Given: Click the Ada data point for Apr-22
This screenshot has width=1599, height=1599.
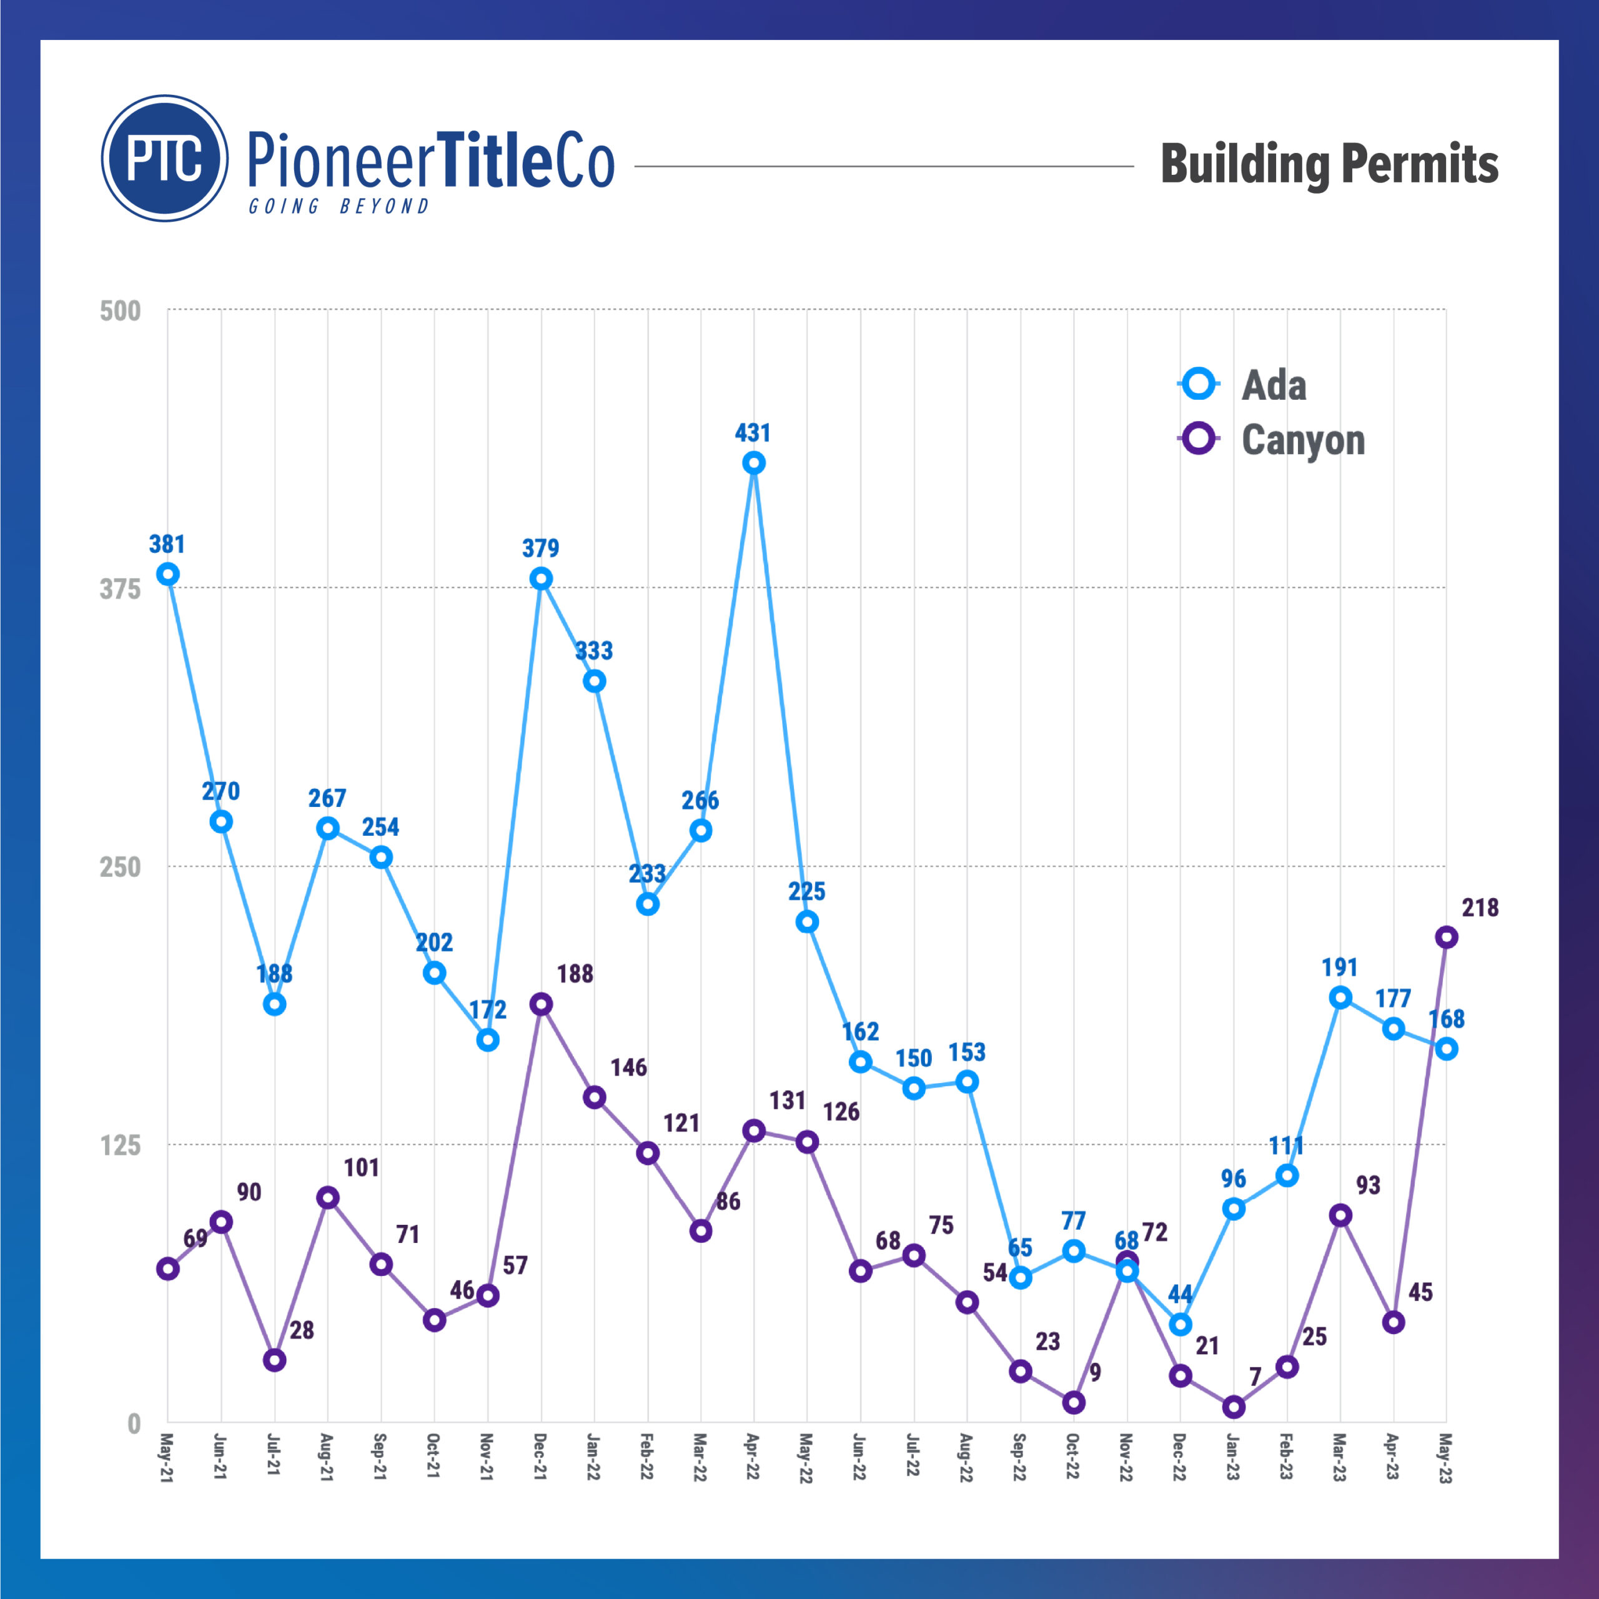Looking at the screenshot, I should coord(753,463).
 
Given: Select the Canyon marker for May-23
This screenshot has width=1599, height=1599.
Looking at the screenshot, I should coord(1446,937).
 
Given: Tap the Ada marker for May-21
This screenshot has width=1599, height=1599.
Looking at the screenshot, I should coord(168,575).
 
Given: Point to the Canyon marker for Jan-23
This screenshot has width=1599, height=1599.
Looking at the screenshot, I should coord(1233,1407).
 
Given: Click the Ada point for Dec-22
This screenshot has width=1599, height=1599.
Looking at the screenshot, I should coord(1181,1324).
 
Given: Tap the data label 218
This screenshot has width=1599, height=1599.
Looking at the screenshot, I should coord(1480,908).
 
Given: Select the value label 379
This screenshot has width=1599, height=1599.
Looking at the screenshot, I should coord(540,547).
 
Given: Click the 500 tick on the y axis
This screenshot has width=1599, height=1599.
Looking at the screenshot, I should coord(120,311).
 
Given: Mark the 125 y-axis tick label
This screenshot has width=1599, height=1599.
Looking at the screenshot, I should coord(120,1146).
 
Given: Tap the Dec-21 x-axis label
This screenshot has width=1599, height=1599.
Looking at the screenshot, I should coord(540,1457).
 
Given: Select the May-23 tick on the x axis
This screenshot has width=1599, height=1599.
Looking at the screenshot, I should coord(1445,1457).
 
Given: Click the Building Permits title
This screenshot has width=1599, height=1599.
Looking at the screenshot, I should coord(1329,164).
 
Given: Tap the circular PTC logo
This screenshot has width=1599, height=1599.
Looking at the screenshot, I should coord(165,158).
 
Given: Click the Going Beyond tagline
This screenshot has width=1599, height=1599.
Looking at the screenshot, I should coord(339,206).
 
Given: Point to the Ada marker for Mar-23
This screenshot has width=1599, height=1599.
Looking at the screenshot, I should coord(1340,998).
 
